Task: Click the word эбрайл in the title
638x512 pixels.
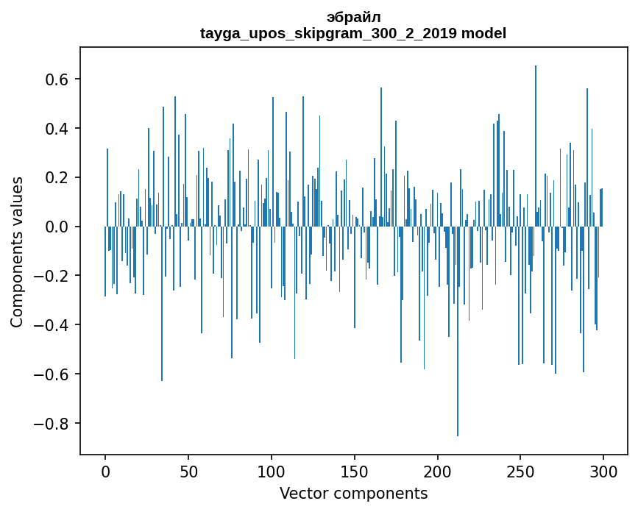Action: pos(353,17)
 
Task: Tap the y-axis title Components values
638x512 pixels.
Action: pos(17,252)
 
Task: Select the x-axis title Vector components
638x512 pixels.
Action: pos(353,493)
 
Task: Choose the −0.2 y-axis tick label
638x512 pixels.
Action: pos(56,276)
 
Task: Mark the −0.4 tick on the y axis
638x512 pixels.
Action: pos(56,325)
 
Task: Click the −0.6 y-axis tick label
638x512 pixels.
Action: pos(56,374)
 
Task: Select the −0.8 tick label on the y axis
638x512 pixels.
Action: pos(56,424)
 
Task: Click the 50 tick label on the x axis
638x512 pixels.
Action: pos(188,471)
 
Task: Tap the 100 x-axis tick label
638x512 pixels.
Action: pos(272,471)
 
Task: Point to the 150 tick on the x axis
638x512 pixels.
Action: pos(355,471)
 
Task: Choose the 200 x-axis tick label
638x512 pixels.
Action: pos(438,471)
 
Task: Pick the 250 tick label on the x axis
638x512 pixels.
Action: pos(521,471)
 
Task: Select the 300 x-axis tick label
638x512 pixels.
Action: pos(603,471)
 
